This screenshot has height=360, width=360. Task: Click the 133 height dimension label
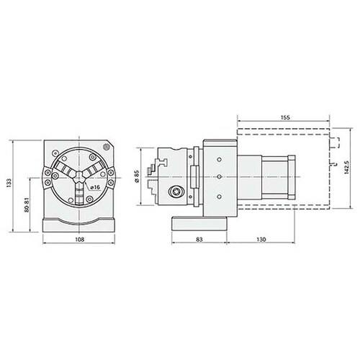click(9, 183)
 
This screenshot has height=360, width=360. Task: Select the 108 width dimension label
click(80, 239)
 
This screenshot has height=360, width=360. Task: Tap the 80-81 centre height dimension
click(27, 204)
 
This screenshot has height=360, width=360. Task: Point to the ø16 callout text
click(95, 187)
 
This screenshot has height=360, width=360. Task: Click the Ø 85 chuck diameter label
click(137, 176)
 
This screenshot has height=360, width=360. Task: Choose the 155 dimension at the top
click(285, 117)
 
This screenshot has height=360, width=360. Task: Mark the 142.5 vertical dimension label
click(346, 167)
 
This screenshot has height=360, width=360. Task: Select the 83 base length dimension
click(199, 239)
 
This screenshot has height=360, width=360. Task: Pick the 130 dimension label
click(261, 239)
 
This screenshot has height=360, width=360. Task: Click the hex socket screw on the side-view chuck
click(175, 192)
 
